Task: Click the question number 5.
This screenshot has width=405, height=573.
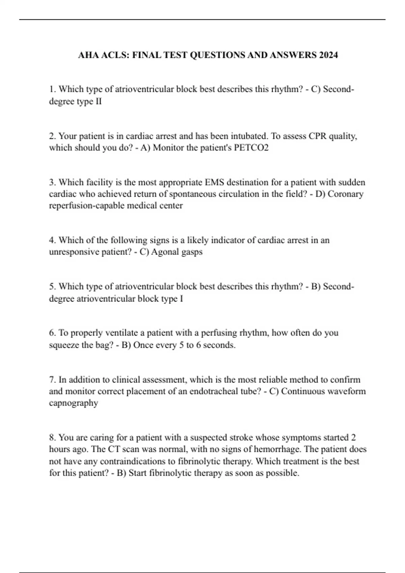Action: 52,287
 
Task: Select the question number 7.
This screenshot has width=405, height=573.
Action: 52,380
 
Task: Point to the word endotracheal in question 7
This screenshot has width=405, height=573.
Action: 214,392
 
